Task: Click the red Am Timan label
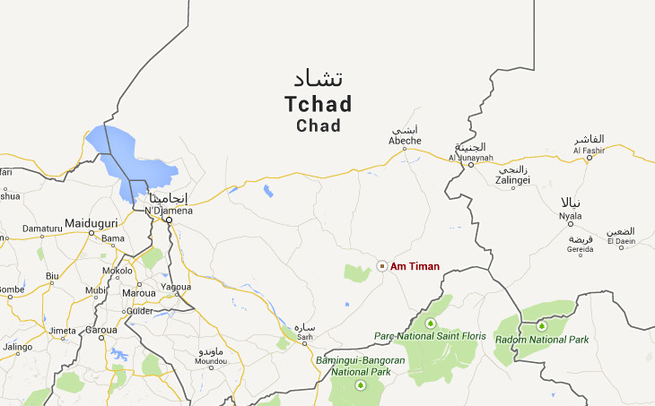pos(415,266)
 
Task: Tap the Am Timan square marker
pos(382,266)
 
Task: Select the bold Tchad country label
pos(319,105)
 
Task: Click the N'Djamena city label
pos(169,210)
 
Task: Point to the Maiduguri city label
pos(92,222)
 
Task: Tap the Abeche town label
pos(405,141)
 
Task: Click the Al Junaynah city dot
pos(471,165)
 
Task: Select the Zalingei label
pos(513,180)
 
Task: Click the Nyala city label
pos(570,216)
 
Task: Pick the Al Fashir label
pos(589,151)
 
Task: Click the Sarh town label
pos(306,338)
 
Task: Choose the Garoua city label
pos(101,330)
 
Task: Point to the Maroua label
pos(139,292)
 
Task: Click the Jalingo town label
pos(18,347)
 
